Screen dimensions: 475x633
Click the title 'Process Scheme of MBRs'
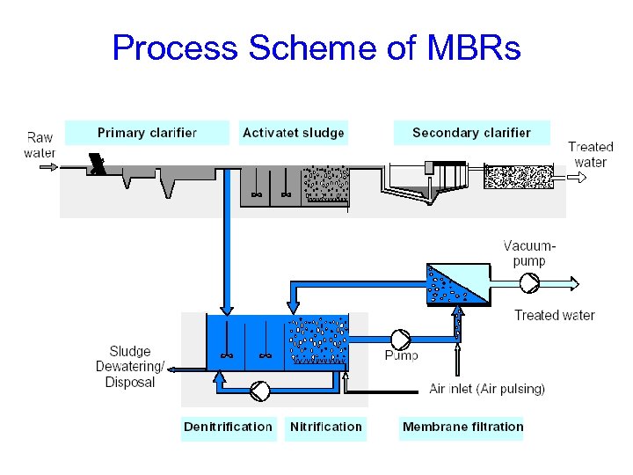point(316,47)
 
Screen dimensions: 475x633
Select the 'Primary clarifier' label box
point(147,133)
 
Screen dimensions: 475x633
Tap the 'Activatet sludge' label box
point(294,133)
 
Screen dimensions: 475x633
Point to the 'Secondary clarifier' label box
point(471,133)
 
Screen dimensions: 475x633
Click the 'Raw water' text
point(40,145)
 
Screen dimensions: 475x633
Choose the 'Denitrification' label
point(228,427)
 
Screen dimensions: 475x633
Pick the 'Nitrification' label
point(325,427)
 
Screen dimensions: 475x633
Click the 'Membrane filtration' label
point(462,427)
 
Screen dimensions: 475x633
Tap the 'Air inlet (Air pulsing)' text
point(487,389)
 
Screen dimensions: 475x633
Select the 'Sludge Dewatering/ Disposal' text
point(130,367)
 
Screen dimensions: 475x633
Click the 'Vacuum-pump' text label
point(529,252)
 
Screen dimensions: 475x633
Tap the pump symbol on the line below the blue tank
point(261,389)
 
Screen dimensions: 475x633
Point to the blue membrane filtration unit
point(457,284)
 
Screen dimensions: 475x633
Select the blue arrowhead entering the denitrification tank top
point(227,310)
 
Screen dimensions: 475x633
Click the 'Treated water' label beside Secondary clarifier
point(590,154)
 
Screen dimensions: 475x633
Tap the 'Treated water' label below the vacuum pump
point(554,315)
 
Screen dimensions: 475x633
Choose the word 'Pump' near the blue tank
point(401,355)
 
